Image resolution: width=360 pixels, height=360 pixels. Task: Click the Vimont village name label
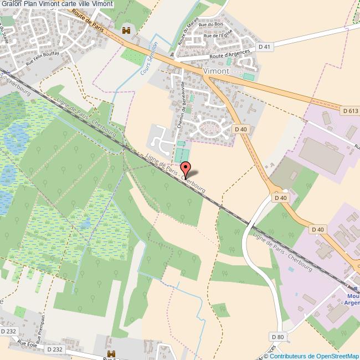click(x=216, y=71)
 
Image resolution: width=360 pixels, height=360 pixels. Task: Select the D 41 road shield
click(x=265, y=47)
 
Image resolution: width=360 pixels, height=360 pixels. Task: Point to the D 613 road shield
click(x=351, y=111)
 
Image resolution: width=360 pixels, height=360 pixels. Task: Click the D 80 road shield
click(x=277, y=337)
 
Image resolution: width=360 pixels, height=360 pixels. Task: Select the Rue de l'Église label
click(x=217, y=35)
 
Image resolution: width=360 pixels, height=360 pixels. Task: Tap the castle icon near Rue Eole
click(x=111, y=353)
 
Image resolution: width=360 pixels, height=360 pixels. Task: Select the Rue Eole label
click(x=27, y=344)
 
